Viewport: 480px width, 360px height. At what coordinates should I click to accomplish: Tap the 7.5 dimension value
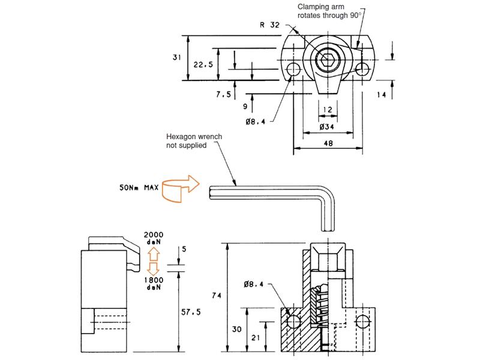[224, 94]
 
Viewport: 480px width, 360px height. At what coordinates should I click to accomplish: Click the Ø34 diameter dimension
[327, 127]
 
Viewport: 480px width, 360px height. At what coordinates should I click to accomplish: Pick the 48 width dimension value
[328, 143]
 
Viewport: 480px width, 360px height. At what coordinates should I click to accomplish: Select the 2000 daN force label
[154, 239]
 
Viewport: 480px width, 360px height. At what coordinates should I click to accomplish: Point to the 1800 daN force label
[154, 283]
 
